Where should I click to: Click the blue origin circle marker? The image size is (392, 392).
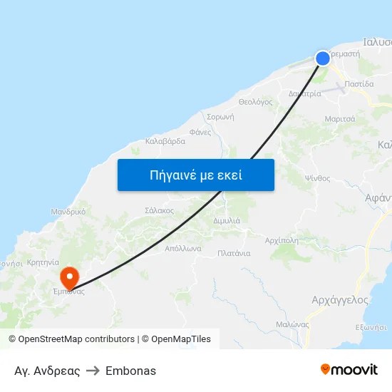click(x=323, y=58)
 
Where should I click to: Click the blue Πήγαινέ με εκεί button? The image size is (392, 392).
click(x=196, y=175)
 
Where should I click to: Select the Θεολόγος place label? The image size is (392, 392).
click(x=256, y=102)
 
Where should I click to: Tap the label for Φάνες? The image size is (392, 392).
click(x=200, y=132)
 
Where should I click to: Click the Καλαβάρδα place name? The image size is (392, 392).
click(x=165, y=141)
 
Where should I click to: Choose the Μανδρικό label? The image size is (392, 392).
click(x=68, y=212)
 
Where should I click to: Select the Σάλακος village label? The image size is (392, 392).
click(x=160, y=210)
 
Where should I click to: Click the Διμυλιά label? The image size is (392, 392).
click(x=227, y=221)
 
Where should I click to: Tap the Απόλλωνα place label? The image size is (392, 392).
click(x=183, y=249)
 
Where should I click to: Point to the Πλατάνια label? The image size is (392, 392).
click(x=234, y=253)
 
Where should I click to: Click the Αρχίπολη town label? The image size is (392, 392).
click(x=281, y=240)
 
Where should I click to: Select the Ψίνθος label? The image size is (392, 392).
click(x=317, y=178)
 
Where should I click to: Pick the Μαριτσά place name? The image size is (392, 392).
click(x=340, y=118)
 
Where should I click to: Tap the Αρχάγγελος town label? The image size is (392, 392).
click(x=340, y=300)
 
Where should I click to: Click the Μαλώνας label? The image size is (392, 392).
click(x=292, y=324)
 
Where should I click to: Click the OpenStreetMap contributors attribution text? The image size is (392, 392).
click(x=75, y=339)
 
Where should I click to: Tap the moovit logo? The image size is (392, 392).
click(x=349, y=369)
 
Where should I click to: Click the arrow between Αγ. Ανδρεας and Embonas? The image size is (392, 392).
click(x=93, y=371)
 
